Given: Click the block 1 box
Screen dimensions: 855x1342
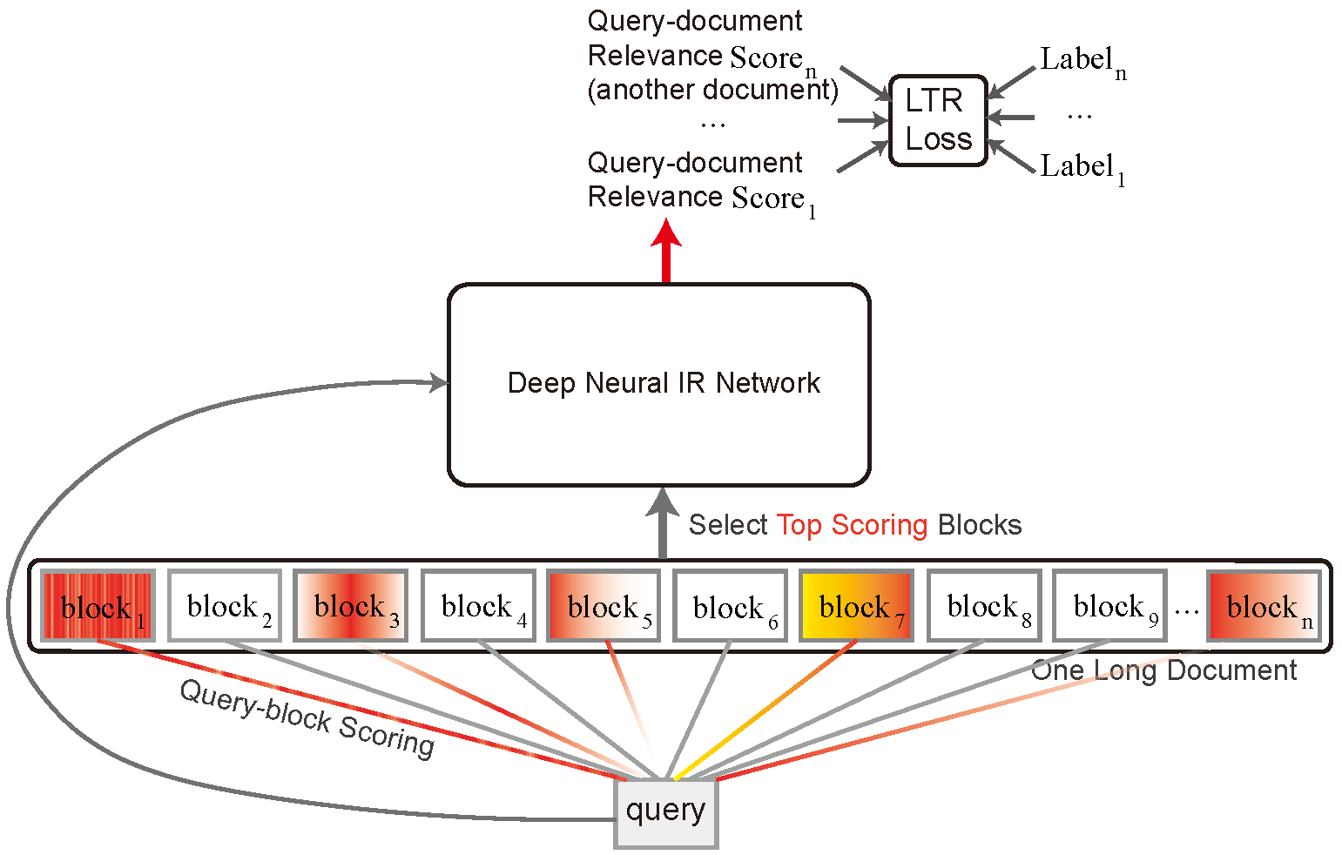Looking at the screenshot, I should click(x=98, y=606).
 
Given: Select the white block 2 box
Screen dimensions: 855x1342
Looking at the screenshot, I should click(x=224, y=606).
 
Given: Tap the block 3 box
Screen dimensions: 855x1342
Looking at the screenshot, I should click(x=350, y=606).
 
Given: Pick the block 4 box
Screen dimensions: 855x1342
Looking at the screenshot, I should click(x=478, y=606).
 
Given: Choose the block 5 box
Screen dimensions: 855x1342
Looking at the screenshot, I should click(x=604, y=606).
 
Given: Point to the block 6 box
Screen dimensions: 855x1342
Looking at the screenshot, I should click(x=730, y=606).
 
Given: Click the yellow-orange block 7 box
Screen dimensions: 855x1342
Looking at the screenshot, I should click(x=856, y=606).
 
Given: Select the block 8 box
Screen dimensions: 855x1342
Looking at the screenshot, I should click(x=983, y=606).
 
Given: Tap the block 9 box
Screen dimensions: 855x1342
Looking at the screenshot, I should click(x=1109, y=606).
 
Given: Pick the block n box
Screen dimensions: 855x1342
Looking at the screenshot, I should click(x=1264, y=606).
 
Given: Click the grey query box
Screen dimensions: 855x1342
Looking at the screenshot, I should click(x=666, y=812).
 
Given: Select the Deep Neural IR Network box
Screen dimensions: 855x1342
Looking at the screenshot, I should click(x=659, y=384).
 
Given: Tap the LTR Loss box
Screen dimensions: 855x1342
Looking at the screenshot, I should click(x=938, y=120).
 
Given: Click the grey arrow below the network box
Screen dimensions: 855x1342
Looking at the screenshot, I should click(x=663, y=523).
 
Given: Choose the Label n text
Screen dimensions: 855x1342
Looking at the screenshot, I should click(x=1082, y=62).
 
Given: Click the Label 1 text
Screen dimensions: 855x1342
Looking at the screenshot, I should click(x=1082, y=168).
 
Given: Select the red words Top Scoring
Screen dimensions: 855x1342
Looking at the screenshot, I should click(x=852, y=525).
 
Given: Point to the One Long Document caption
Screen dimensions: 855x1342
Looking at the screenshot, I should click(x=1163, y=670).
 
